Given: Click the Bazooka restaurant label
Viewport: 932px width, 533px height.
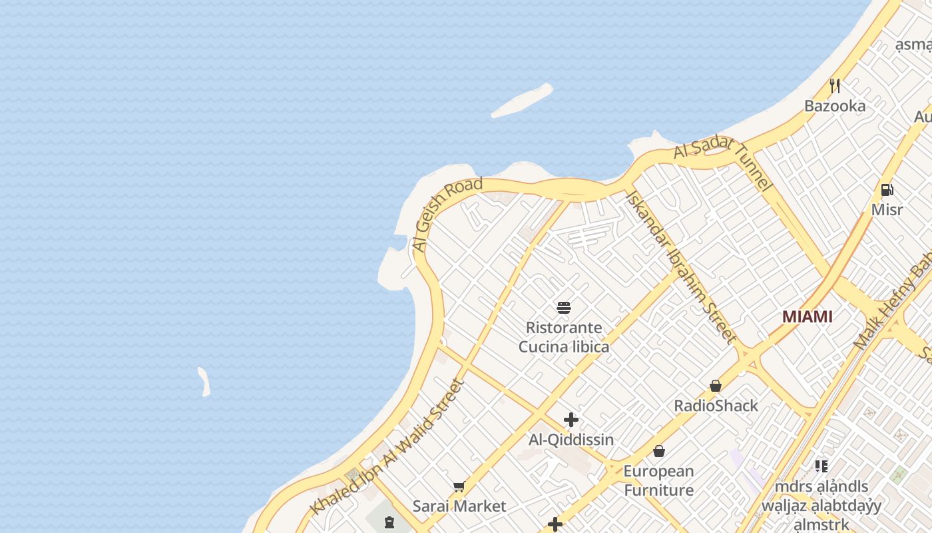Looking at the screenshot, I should [x=835, y=106].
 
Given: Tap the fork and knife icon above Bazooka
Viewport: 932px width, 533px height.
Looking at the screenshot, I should [x=835, y=86].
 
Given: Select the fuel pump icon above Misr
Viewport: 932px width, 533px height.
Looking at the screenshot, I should [x=887, y=190].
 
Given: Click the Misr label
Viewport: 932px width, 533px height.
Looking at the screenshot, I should [x=887, y=210].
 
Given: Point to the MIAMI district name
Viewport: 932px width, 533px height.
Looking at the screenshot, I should [x=807, y=316].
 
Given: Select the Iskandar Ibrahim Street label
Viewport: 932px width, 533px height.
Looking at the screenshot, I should [x=680, y=266].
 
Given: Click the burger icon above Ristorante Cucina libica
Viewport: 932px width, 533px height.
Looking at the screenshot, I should [x=564, y=308].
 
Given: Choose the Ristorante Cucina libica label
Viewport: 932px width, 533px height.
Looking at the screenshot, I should [x=564, y=337].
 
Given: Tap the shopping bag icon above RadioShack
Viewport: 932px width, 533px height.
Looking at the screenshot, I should [x=716, y=386].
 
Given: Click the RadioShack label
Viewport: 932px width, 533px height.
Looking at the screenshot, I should [x=716, y=406].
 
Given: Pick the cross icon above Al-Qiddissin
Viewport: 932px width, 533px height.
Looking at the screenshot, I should [x=571, y=420].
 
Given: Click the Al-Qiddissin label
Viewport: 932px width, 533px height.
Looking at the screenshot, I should [x=571, y=440].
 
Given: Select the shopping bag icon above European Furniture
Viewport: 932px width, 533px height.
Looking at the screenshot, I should [x=659, y=452].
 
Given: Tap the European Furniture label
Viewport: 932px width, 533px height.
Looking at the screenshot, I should [x=659, y=480].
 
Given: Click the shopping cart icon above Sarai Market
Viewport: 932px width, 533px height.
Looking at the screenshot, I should [x=459, y=487].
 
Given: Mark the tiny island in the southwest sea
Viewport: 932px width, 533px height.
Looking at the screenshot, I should [x=204, y=382].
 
